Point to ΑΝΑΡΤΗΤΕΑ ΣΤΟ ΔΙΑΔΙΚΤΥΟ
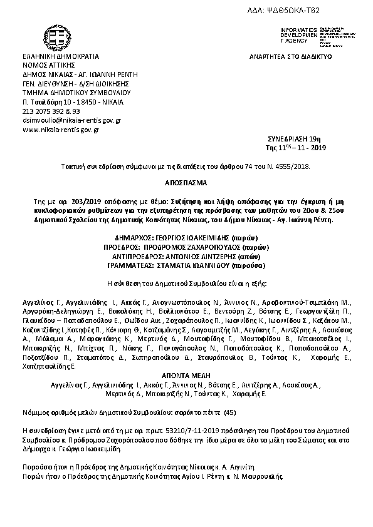pyautogui.click(x=290, y=56)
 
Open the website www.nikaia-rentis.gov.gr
pyautogui.click(x=61, y=130)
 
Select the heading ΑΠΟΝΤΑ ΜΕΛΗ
pyautogui.click(x=187, y=369)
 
